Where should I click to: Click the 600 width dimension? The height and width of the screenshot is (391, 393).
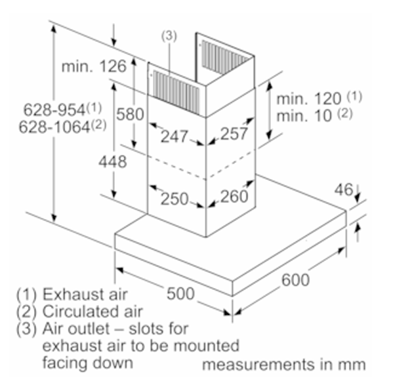point(295,280)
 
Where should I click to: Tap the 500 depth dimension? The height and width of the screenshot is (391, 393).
point(180,293)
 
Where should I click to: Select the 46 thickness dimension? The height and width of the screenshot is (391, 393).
point(344,190)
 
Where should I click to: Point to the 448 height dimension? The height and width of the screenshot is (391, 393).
point(113,161)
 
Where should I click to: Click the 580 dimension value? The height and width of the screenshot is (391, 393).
point(130,114)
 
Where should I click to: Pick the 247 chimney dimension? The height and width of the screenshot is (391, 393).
point(175,136)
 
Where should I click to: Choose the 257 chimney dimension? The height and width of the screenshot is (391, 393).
point(234,134)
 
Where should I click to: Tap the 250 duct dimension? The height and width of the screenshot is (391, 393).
point(175,199)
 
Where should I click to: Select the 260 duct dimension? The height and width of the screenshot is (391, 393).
point(234,196)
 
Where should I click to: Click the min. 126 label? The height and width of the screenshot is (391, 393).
point(94,67)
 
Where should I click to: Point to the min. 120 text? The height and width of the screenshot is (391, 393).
point(309,99)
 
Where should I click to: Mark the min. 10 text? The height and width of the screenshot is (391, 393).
point(304,116)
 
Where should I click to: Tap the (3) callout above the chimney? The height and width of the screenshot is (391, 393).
point(169,36)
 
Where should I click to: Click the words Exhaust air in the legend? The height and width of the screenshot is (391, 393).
point(85,295)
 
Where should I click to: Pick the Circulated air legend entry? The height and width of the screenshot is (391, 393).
point(93,312)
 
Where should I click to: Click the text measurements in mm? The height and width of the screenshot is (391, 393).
point(283,365)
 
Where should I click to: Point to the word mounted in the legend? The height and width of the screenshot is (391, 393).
point(206,346)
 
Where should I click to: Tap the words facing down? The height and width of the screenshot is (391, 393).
point(88,363)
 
